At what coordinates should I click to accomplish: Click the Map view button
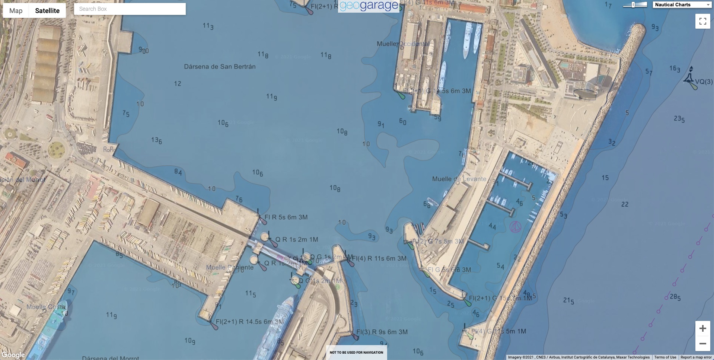point(16,11)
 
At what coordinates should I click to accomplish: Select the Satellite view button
point(47,11)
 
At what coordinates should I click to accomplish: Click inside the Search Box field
point(130,9)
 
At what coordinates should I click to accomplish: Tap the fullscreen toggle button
point(702,21)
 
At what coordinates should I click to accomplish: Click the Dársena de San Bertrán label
point(220,67)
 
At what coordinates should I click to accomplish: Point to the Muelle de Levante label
point(459,179)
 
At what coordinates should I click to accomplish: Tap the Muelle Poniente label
point(230,267)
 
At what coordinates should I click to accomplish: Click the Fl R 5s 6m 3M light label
point(286,217)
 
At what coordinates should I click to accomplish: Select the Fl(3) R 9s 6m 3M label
point(382,332)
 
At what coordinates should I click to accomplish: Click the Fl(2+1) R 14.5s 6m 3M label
point(249,322)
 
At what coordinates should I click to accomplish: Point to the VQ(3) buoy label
point(704,82)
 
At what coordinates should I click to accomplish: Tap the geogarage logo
point(369,6)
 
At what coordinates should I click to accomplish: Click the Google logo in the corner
point(13,355)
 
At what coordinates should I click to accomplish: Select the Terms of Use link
point(665,357)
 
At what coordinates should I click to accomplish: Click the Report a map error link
point(696,357)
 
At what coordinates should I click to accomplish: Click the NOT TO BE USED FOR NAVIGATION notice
point(356,353)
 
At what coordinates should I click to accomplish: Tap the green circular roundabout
point(56,150)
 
